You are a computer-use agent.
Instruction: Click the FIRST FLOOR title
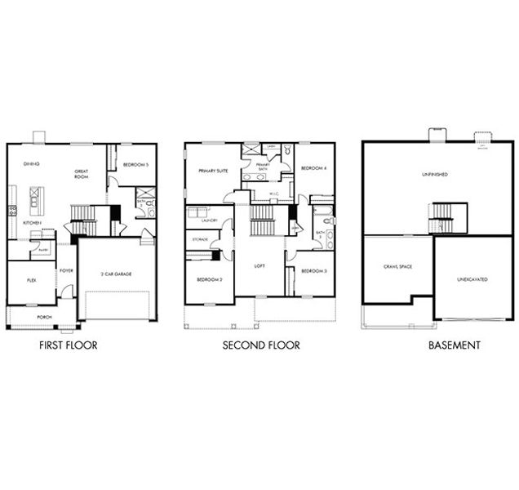[69, 345]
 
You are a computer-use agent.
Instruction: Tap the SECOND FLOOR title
[261, 345]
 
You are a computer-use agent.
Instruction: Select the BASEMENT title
[455, 345]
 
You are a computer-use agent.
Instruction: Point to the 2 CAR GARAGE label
[118, 274]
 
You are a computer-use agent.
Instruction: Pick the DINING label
[32, 163]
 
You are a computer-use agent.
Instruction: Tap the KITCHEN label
[32, 222]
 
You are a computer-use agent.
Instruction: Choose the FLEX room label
[31, 279]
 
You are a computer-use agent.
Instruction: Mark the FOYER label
[65, 271]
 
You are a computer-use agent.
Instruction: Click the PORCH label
[43, 316]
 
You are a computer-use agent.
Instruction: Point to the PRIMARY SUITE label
[213, 171]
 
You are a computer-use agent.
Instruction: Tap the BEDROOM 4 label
[313, 168]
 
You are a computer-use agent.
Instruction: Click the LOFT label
[259, 265]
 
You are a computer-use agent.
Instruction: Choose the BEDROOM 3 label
[313, 270]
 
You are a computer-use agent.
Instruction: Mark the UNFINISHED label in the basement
[435, 174]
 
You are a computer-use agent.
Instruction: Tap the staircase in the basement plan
[447, 217]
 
